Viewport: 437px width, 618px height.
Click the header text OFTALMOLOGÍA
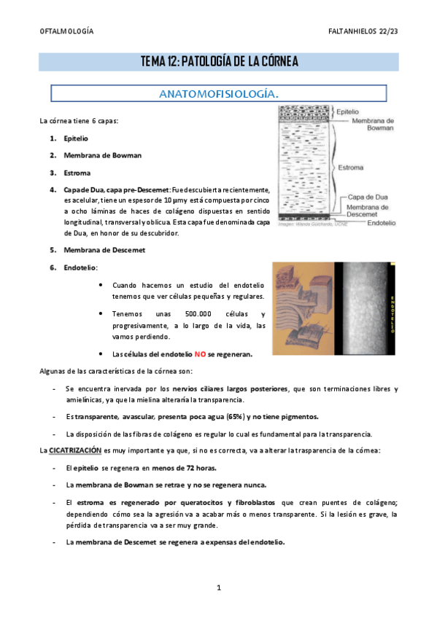click(x=66, y=32)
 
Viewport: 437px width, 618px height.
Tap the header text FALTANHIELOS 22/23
click(x=363, y=32)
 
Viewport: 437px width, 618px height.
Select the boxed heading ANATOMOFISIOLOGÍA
click(x=219, y=94)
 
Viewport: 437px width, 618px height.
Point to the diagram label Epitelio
click(x=347, y=112)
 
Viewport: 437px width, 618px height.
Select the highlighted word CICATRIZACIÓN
click(x=74, y=450)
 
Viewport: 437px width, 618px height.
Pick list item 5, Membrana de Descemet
click(x=105, y=250)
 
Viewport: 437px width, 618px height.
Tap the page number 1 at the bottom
click(x=218, y=587)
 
